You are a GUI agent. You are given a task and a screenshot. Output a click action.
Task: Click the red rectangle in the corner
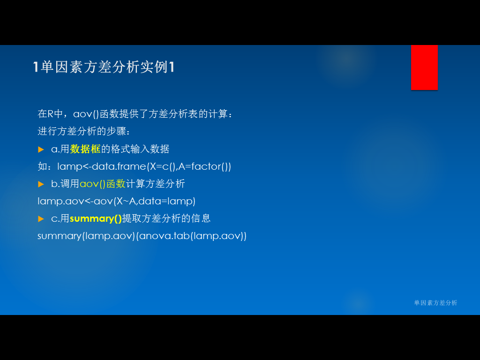tap(424, 67)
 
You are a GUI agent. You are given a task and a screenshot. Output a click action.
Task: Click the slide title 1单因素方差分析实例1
tap(104, 67)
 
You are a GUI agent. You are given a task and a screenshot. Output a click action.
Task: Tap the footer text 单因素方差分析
tap(435, 303)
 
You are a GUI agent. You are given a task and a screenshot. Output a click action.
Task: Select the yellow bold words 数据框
tap(85, 149)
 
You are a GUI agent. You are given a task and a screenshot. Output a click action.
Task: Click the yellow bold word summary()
tap(96, 218)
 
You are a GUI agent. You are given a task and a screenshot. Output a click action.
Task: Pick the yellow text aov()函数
tap(103, 184)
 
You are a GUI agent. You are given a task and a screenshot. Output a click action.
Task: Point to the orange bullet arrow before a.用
tap(41, 150)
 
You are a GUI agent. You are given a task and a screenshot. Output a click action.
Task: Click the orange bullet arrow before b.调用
tap(41, 184)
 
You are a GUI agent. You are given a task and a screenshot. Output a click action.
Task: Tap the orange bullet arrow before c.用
tap(41, 219)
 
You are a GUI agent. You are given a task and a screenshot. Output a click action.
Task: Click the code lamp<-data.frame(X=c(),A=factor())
tap(144, 166)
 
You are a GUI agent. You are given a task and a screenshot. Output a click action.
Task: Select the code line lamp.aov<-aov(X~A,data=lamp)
tap(116, 201)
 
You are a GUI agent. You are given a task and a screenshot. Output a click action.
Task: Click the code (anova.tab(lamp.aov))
tap(191, 236)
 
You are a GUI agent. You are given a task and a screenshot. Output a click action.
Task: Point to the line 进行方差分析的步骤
tap(84, 131)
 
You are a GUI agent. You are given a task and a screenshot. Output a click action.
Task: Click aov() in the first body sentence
tap(86, 114)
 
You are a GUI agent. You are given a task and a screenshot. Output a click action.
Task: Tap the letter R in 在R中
tap(51, 114)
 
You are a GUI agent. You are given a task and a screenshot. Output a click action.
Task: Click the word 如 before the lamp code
tap(42, 166)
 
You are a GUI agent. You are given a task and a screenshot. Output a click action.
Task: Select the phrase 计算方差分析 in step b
tap(156, 184)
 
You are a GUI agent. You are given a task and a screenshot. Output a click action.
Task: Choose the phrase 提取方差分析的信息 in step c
tap(166, 218)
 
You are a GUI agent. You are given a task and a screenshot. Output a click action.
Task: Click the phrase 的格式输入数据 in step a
tap(135, 149)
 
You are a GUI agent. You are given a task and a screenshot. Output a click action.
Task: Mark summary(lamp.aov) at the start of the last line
tap(86, 236)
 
